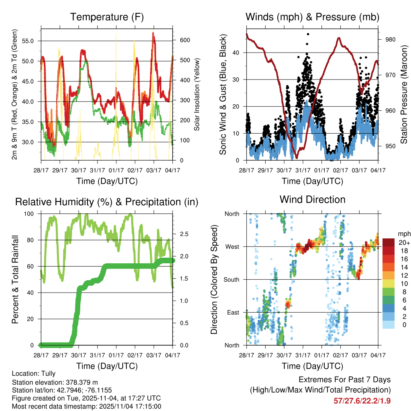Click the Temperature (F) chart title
(106, 17)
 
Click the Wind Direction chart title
(312, 199)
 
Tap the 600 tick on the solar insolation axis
(185, 40)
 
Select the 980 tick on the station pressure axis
(391, 39)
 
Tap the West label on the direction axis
(232, 246)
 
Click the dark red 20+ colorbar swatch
(389, 242)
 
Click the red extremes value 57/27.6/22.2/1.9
(362, 401)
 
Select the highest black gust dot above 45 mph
(308, 34)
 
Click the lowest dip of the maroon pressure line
(296, 158)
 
